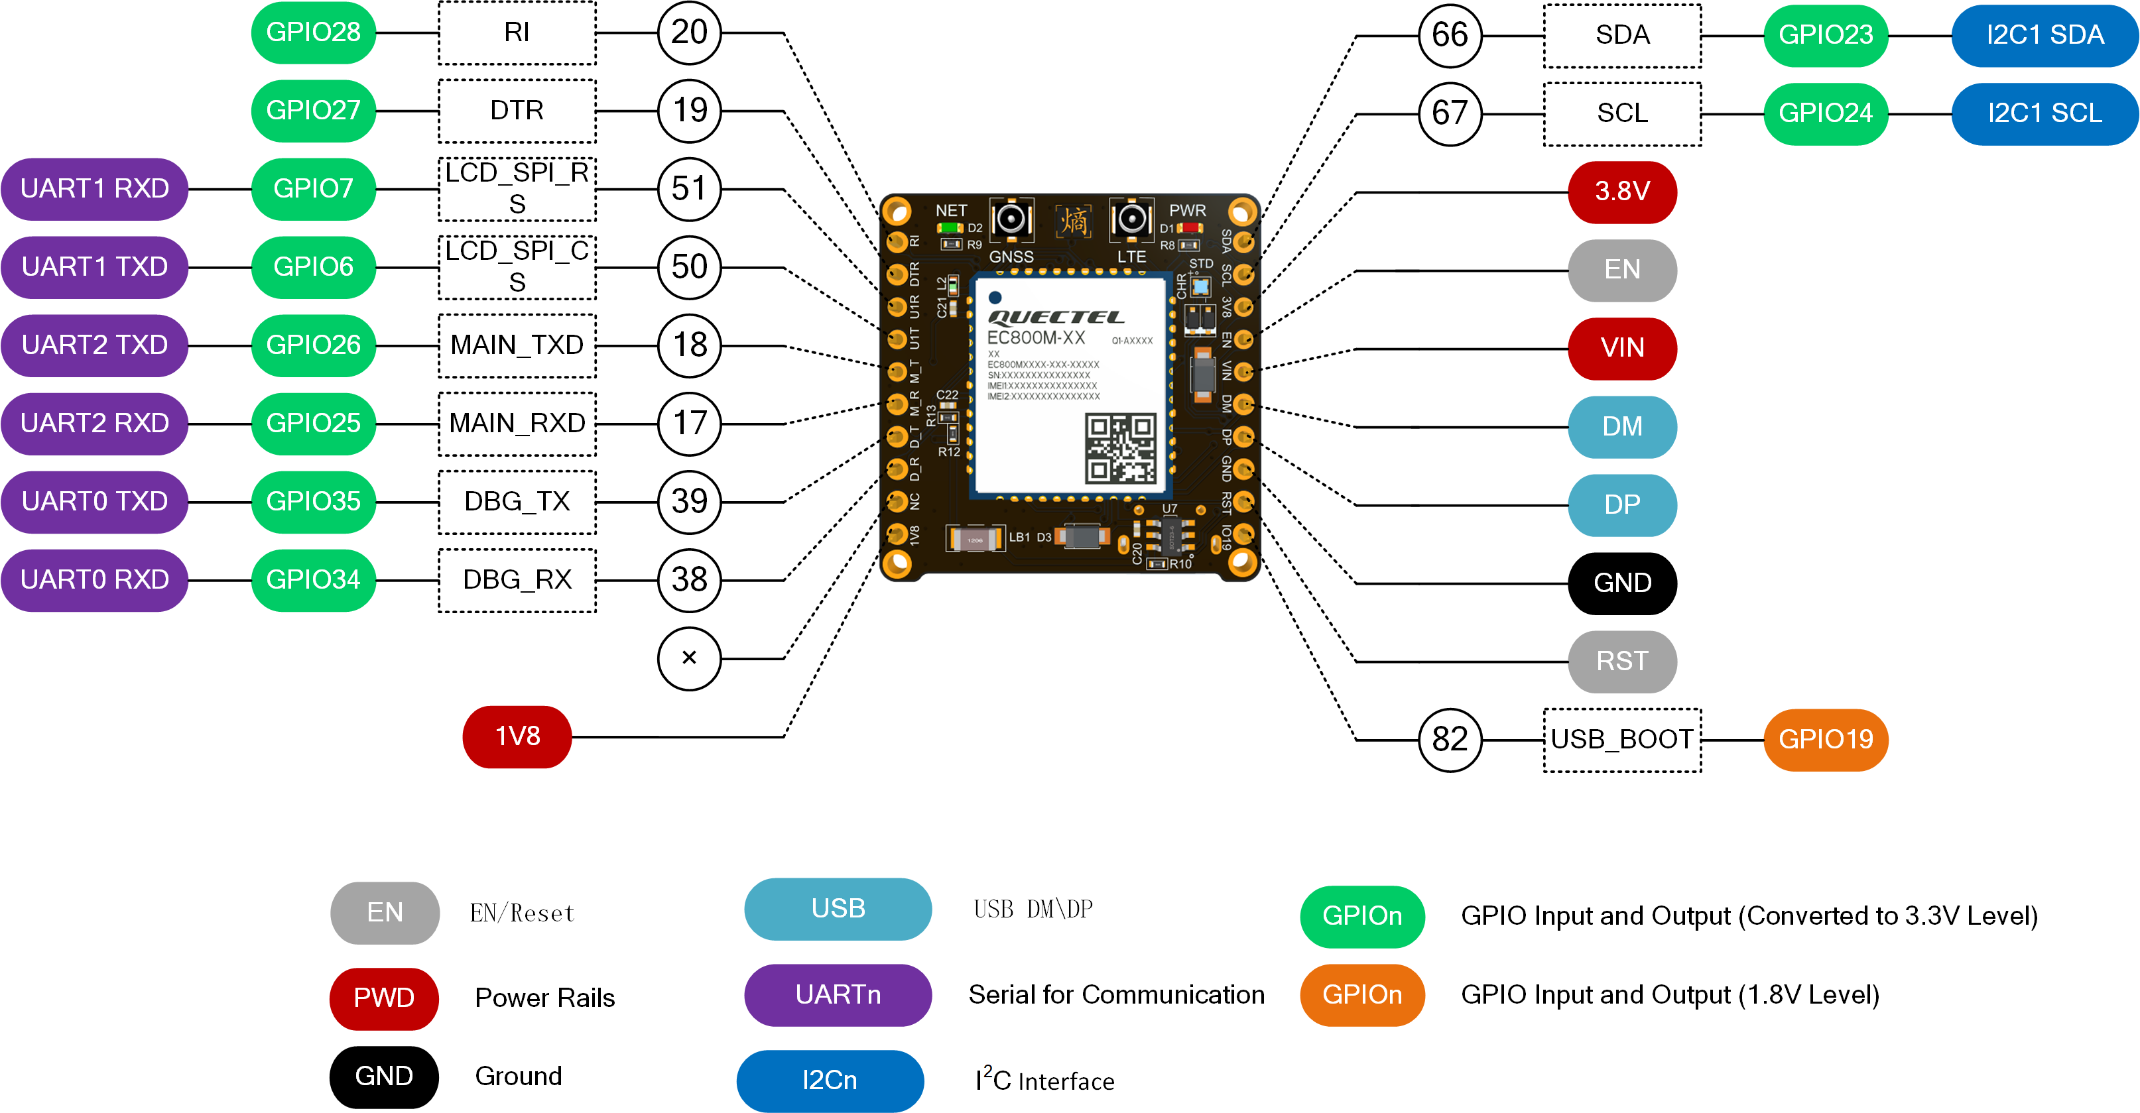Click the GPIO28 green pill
pyautogui.click(x=313, y=32)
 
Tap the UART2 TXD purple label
pyautogui.click(x=95, y=345)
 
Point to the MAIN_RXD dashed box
pyautogui.click(x=517, y=424)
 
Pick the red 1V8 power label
pyautogui.click(x=517, y=736)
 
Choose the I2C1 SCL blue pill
pyautogui.click(x=2044, y=113)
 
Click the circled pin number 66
pyautogui.click(x=1450, y=35)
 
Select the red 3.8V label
pyautogui.click(x=1621, y=192)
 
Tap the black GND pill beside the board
pyautogui.click(x=1621, y=583)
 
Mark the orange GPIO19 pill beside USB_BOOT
pyautogui.click(x=1825, y=739)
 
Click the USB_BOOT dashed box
pyautogui.click(x=1621, y=739)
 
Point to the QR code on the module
pyautogui.click(x=1120, y=449)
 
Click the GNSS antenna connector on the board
pyautogui.click(x=1011, y=220)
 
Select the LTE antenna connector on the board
pyautogui.click(x=1131, y=220)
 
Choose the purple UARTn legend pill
pyautogui.click(x=838, y=994)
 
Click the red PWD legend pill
pyautogui.click(x=384, y=998)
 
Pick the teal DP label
pyautogui.click(x=1621, y=505)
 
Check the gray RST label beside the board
pyautogui.click(x=1621, y=661)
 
